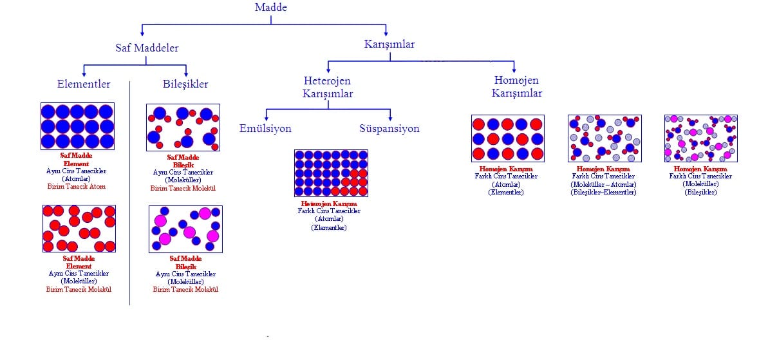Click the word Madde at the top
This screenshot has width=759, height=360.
click(270, 8)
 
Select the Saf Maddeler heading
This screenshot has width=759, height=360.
click(147, 48)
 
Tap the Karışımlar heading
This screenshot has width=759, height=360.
click(389, 44)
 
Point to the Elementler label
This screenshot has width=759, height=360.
click(84, 84)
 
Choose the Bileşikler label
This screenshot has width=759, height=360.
click(185, 84)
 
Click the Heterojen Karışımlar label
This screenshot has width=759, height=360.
click(328, 87)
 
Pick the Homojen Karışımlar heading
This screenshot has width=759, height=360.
click(516, 87)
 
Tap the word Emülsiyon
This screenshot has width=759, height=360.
click(265, 128)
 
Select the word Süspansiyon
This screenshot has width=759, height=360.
click(389, 128)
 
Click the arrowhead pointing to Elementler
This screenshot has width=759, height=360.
click(84, 73)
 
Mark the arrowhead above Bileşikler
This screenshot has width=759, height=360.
click(186, 73)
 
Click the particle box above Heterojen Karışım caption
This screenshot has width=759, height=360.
click(331, 173)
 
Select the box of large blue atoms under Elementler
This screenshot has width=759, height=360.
click(77, 126)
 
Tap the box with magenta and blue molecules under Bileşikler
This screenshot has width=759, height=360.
click(185, 229)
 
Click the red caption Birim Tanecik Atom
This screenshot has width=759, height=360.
click(77, 187)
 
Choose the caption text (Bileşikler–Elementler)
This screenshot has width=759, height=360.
click(603, 193)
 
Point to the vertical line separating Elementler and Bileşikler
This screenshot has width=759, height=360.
click(130, 193)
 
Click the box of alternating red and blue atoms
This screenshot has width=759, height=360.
click(508, 138)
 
